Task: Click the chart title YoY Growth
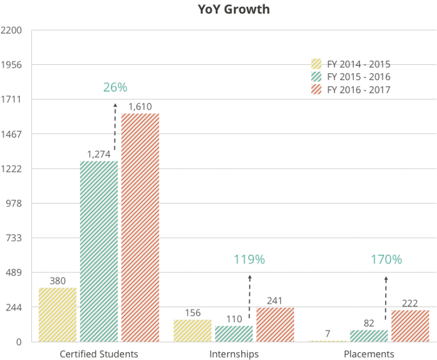[x=233, y=9]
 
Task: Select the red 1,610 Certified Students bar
[x=140, y=227]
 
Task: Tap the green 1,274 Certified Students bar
[x=98, y=251]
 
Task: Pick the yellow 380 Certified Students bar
[x=57, y=315]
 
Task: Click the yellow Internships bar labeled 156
[x=192, y=330]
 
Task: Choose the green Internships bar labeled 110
[x=234, y=334]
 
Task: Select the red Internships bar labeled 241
[x=275, y=324]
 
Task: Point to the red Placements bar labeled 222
[x=410, y=325]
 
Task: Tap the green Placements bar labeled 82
[x=369, y=336]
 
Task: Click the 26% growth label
[x=115, y=88]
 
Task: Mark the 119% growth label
[x=249, y=260]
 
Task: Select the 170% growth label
[x=386, y=260]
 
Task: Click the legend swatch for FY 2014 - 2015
[x=317, y=63]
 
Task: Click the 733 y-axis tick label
[x=13, y=238]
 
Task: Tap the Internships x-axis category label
[x=234, y=354]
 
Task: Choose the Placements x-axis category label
[x=369, y=354]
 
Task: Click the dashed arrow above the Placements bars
[x=386, y=299]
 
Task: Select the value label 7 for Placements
[x=328, y=332]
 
